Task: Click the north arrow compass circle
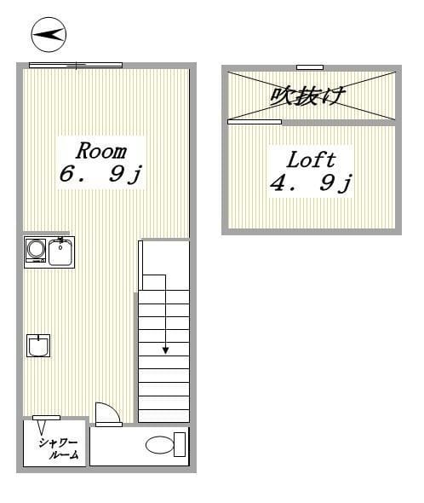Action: point(49,35)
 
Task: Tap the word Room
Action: point(101,151)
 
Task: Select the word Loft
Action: point(310,159)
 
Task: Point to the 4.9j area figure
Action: point(311,183)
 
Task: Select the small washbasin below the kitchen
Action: point(38,345)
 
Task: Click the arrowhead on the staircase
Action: point(165,350)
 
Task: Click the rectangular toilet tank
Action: point(180,444)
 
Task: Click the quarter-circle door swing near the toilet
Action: point(107,413)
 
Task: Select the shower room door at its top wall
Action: point(46,417)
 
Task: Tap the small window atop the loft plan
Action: point(310,66)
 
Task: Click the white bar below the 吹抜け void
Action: point(255,122)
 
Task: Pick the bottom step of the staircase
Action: point(163,413)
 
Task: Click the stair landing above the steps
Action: point(165,264)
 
